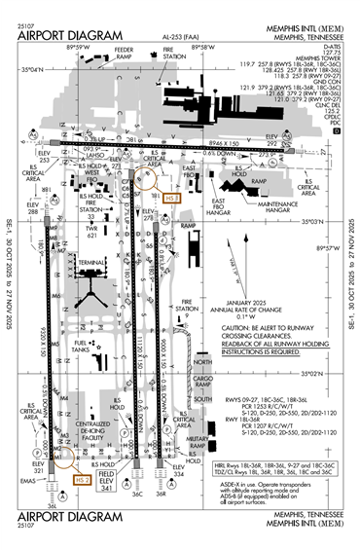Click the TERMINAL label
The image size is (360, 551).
click(x=93, y=263)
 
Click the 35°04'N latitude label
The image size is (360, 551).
click(x=32, y=70)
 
